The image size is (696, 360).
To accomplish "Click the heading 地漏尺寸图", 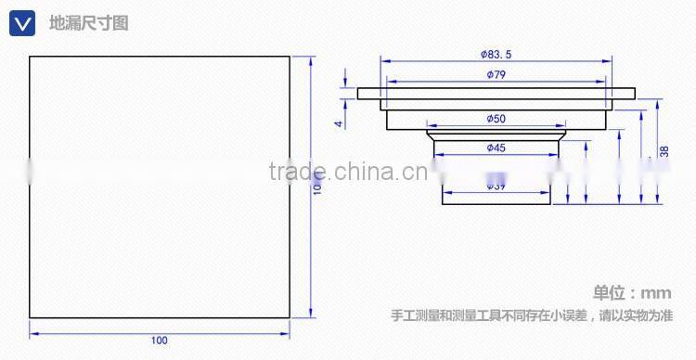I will [x=88, y=23].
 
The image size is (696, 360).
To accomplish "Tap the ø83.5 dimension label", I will [x=496, y=55].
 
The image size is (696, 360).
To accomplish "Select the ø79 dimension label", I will [x=496, y=75].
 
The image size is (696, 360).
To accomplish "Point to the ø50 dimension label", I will [x=496, y=118].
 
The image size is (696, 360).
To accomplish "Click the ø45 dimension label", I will [x=496, y=147].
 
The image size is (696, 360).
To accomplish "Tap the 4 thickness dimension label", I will [x=340, y=122].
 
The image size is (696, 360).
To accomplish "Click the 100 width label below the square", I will [x=160, y=341].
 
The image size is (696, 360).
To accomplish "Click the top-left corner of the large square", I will [x=30, y=58].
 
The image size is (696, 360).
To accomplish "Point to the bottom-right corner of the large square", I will [x=290, y=317].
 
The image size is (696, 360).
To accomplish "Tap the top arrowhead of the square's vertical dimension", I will [x=309, y=60].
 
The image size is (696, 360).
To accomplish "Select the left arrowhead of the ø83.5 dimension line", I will [x=382, y=62].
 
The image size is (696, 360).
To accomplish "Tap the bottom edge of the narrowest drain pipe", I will [x=496, y=202].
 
